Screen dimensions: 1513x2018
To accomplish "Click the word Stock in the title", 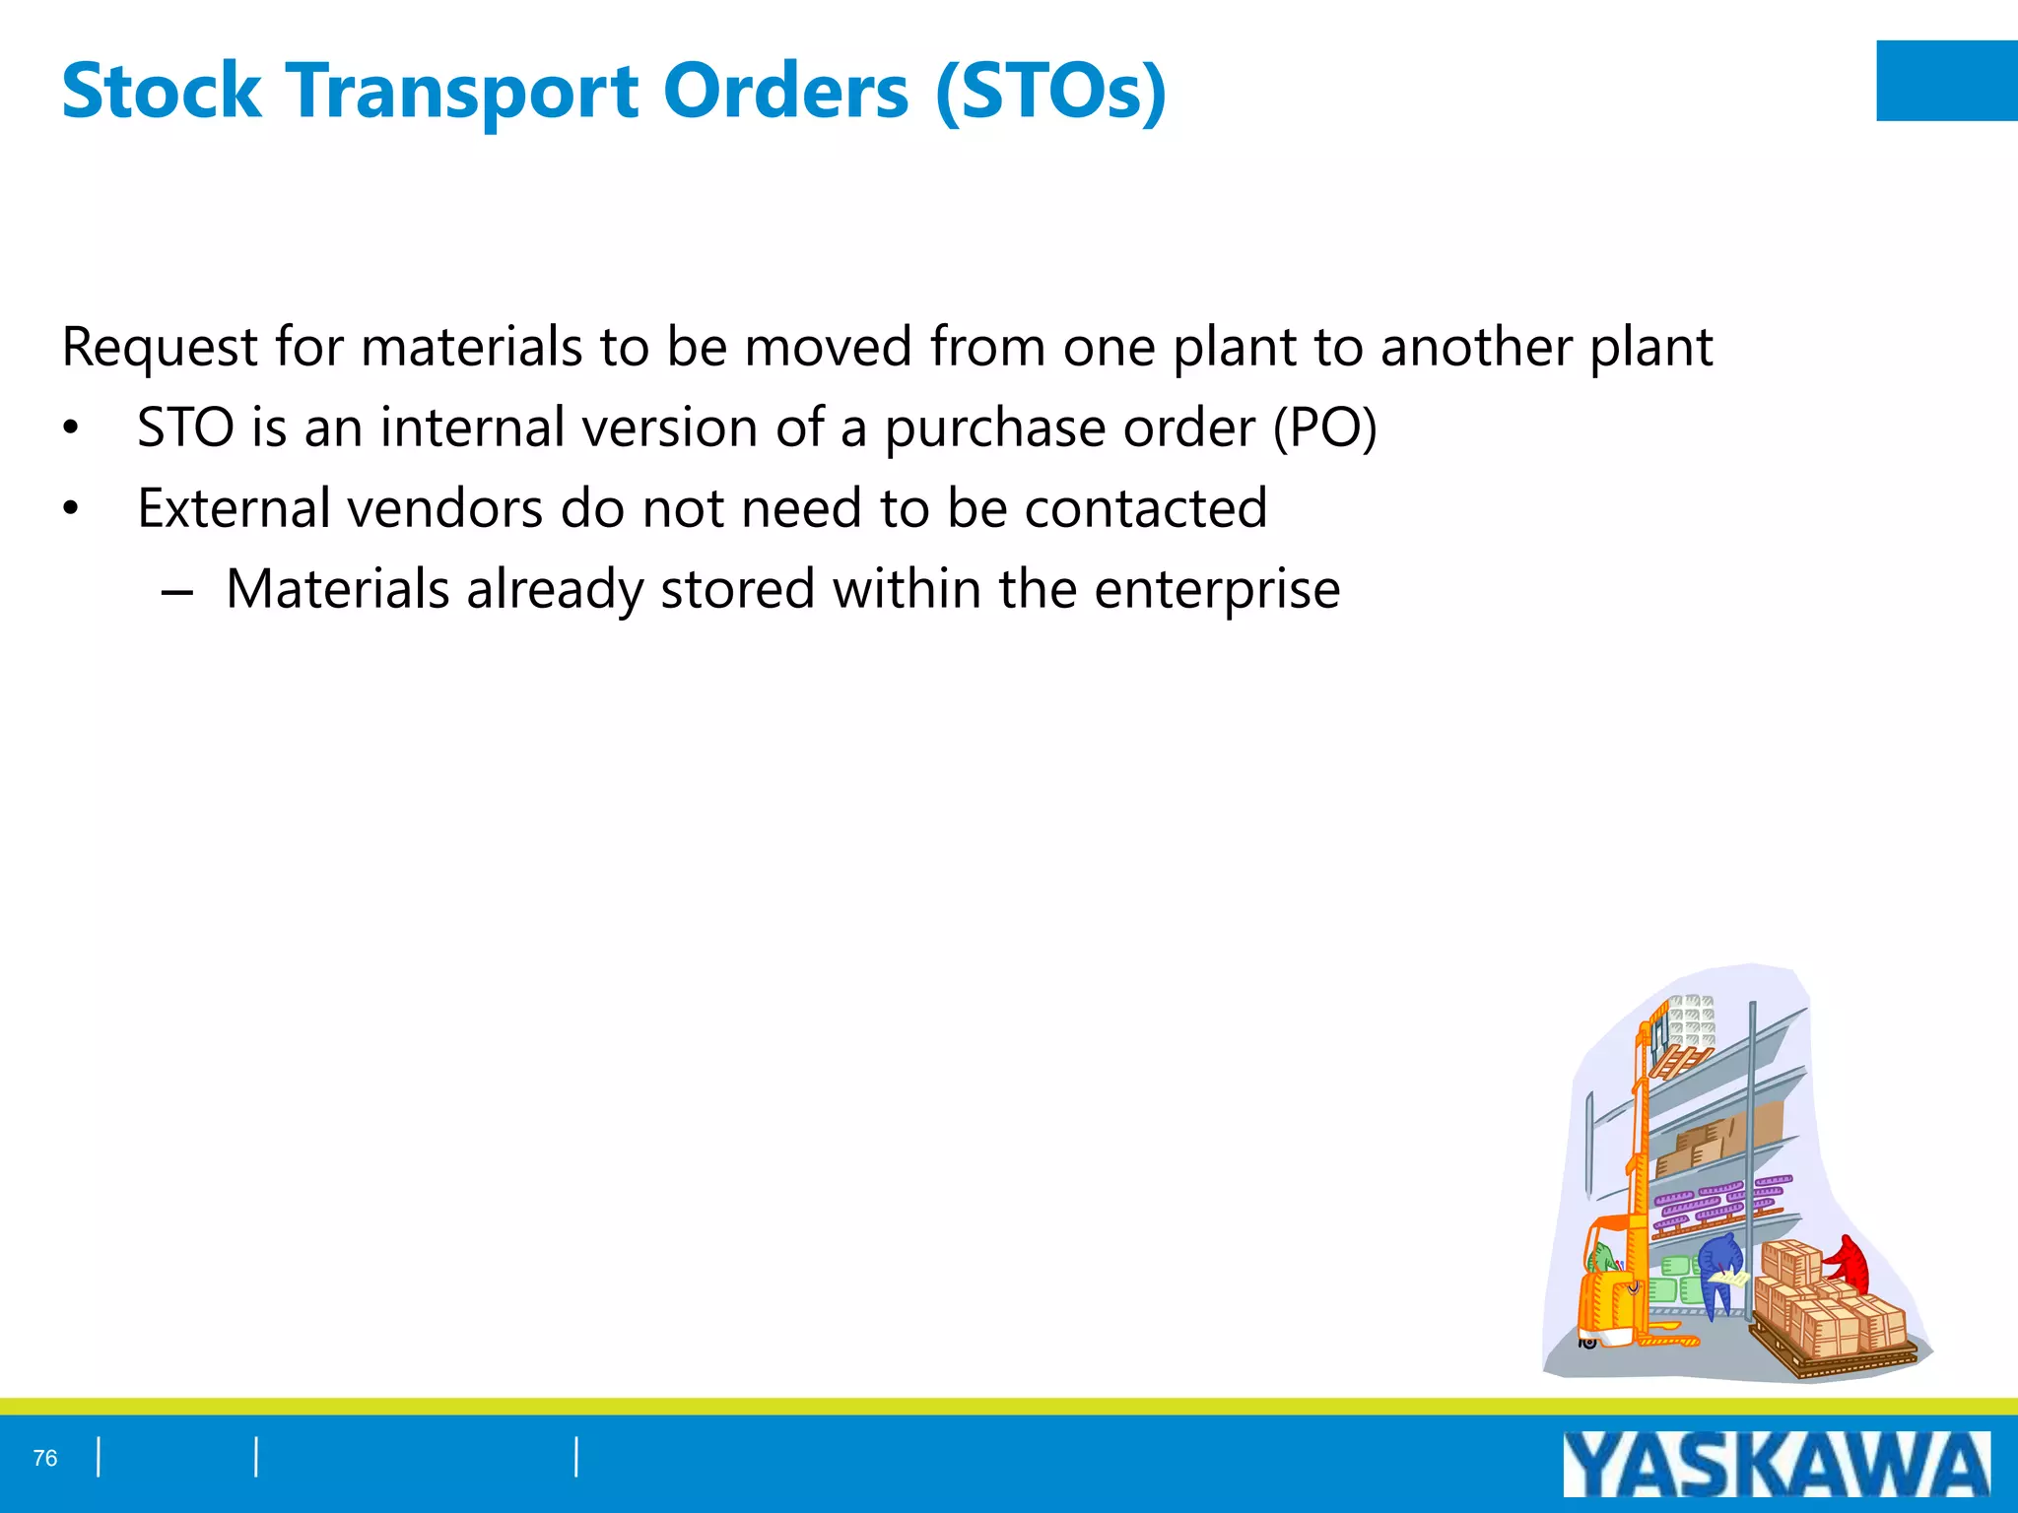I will click(x=161, y=92).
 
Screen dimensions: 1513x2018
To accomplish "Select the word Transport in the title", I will click(x=462, y=92).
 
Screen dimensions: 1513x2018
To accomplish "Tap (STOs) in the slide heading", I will click(x=1050, y=92).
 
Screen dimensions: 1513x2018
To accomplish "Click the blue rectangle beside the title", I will click(x=1946, y=81).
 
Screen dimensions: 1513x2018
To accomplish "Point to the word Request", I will click(x=159, y=348).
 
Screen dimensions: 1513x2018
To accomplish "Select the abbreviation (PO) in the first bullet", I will click(x=1324, y=428).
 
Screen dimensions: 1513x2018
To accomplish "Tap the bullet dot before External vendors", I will click(x=70, y=509).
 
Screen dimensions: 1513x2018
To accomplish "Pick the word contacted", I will click(x=1145, y=509).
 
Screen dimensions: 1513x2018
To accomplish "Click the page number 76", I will click(x=45, y=1458).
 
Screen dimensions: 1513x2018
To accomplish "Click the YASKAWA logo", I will click(x=1776, y=1465).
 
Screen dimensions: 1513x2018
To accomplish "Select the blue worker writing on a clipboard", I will click(x=1719, y=1266).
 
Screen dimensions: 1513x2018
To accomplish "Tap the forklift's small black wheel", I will click(x=1587, y=1342).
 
